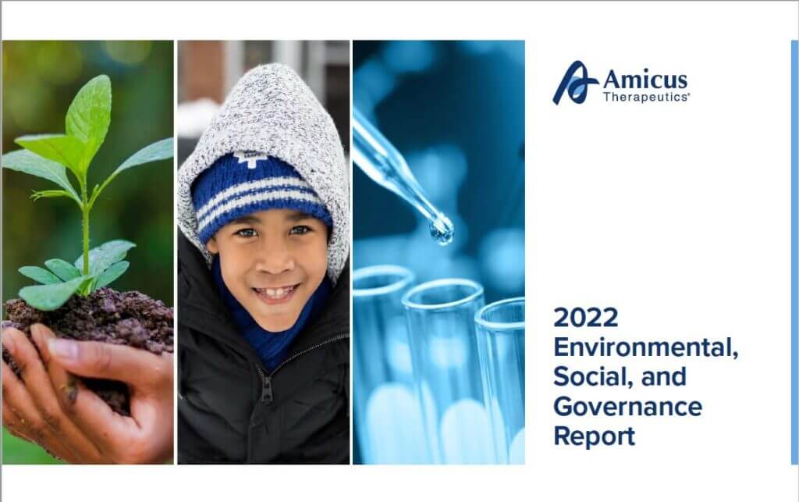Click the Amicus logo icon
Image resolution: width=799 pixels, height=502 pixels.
(x=576, y=83)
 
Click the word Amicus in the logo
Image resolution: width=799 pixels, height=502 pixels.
(x=645, y=80)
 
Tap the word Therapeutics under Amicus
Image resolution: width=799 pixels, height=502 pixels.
(x=646, y=97)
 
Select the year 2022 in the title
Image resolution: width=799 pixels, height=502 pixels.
(x=585, y=317)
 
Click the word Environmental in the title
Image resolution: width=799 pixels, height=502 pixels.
(x=645, y=347)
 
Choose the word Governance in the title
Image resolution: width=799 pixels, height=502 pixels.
(x=628, y=407)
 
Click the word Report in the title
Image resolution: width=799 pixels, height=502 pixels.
(x=594, y=436)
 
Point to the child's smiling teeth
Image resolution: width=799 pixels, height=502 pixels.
(x=275, y=293)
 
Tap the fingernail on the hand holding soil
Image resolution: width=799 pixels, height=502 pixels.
(x=62, y=349)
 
